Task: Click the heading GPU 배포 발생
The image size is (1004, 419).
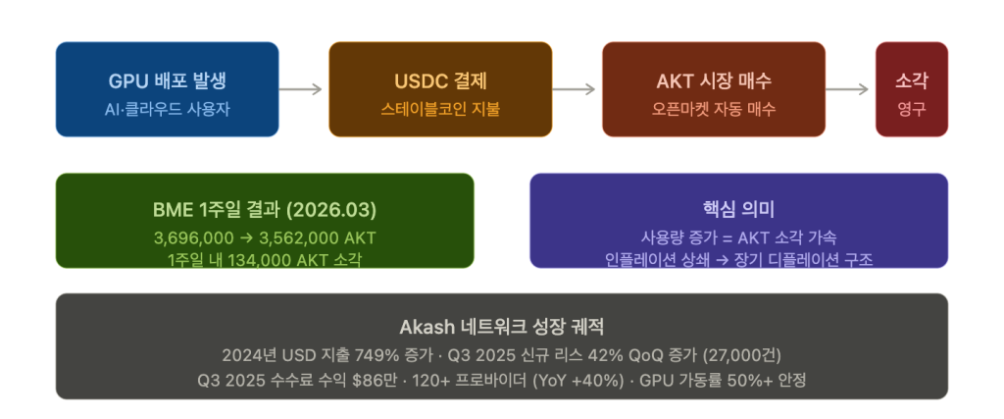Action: point(167,81)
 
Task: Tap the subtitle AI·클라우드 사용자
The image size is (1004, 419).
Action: point(167,110)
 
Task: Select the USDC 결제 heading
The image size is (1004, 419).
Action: point(440,81)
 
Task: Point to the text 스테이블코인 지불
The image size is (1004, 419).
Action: point(440,110)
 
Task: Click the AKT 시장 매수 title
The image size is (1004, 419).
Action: point(714,81)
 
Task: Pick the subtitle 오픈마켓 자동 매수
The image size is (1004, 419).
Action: point(714,110)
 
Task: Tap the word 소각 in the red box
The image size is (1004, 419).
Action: point(912,81)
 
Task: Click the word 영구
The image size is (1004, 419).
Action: point(912,110)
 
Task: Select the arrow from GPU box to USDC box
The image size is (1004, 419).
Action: point(300,89)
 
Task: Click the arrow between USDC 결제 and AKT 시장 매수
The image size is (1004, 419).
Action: point(574,89)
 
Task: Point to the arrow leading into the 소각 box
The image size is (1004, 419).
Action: point(847,89)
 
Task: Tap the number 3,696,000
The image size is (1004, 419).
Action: point(193,238)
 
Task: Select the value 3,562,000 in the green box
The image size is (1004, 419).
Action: point(299,238)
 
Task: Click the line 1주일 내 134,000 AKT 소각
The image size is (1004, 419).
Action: point(265,260)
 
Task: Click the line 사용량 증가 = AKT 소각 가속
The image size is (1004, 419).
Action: point(739,237)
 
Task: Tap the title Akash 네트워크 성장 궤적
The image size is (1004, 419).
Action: point(502,328)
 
